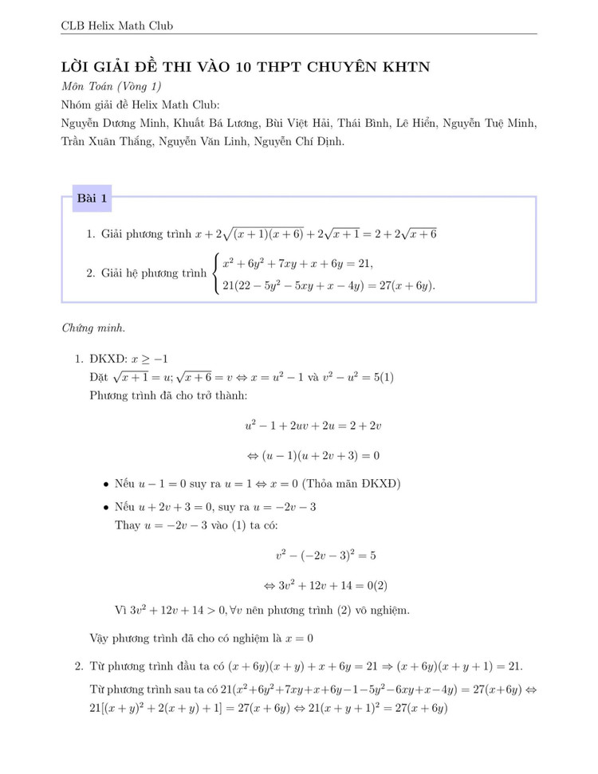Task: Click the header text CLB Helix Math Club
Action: [x=116, y=26]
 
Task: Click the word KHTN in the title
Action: [x=407, y=67]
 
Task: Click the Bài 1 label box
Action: [x=92, y=198]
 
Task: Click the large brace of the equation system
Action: [x=216, y=273]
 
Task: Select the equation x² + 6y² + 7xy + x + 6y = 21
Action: [x=297, y=263]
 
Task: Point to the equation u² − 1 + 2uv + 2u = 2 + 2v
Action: [x=313, y=426]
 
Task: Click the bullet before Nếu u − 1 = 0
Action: [x=106, y=485]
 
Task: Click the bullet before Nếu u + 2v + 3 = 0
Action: [x=106, y=508]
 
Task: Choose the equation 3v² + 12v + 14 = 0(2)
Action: [x=327, y=584]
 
